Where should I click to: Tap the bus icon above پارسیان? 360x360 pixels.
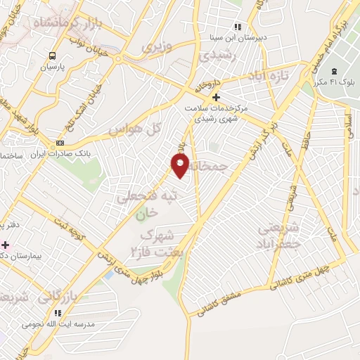[x=52, y=56]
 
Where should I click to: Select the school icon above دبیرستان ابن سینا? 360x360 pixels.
[x=238, y=27]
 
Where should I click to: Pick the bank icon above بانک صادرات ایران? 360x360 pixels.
[x=59, y=143]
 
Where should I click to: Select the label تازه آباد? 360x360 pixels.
[x=267, y=75]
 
